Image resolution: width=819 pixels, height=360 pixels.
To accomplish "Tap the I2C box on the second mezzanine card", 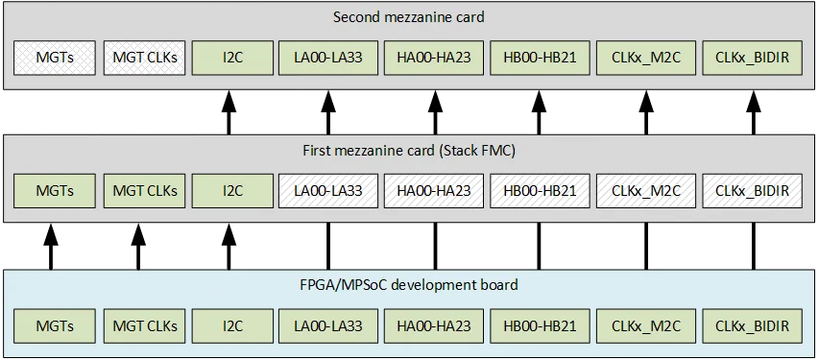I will pos(229,58).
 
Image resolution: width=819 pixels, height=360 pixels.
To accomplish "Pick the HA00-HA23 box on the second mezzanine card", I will pos(433,58).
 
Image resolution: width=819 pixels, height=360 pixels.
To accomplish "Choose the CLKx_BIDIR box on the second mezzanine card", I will pos(752,58).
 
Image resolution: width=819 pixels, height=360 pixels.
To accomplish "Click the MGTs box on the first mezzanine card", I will pos(55,190).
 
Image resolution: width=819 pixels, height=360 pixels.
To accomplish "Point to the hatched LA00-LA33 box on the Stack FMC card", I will pos(326,190).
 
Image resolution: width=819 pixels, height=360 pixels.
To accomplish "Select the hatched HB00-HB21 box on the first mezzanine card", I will pos(539,190).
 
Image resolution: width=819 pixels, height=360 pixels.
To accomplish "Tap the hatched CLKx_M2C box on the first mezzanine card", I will pos(645,190).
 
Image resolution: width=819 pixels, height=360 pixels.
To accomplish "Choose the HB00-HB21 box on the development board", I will pos(539,326).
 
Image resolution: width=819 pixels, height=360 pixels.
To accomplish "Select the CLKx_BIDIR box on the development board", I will pos(752,326).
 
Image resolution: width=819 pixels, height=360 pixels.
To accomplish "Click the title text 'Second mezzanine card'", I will pos(409,17).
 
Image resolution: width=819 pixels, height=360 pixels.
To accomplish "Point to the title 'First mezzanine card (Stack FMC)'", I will pos(409,151).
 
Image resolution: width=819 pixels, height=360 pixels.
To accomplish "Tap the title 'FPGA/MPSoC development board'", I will pos(409,284).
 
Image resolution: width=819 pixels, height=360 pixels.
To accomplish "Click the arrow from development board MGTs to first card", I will pos(50,247).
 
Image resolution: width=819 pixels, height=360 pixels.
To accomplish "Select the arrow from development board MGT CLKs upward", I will pos(137,247).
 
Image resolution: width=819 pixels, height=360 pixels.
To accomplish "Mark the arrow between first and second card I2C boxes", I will pos(229,112).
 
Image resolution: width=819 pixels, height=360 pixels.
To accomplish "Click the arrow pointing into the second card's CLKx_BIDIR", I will pos(752,112).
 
